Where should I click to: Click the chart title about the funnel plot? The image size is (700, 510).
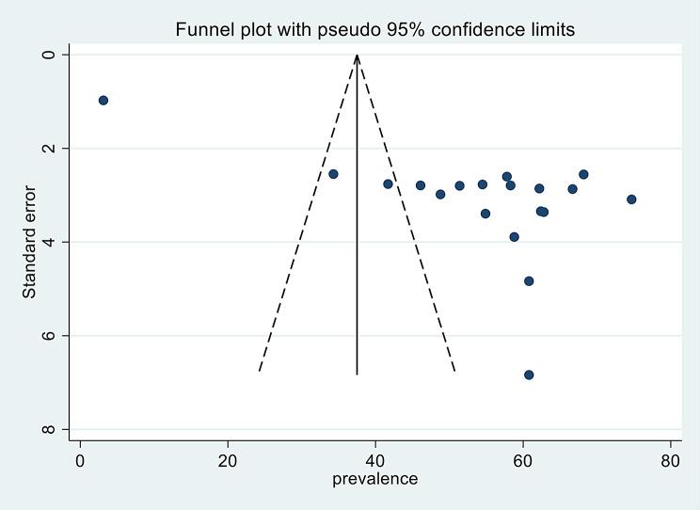pos(374,30)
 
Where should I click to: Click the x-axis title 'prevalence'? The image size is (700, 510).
pos(374,479)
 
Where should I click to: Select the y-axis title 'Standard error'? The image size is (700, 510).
pos(29,242)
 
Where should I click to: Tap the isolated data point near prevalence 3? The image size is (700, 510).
pos(103,101)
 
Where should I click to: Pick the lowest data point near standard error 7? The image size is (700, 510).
pos(529,375)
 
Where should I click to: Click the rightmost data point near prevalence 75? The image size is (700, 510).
pos(631,199)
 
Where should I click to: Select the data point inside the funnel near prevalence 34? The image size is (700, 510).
pos(333,174)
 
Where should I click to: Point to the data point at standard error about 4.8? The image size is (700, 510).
pos(529,280)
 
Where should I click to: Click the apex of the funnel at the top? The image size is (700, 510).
pos(357,56)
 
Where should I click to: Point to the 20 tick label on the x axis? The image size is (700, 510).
pos(228,461)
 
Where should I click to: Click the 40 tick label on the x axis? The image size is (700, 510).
pos(375,461)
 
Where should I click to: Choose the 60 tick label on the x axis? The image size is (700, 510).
pos(523,461)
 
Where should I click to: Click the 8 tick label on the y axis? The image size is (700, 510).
pos(63,429)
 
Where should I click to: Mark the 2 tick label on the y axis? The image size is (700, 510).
pos(63,149)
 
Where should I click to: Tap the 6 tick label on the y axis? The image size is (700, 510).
pos(63,336)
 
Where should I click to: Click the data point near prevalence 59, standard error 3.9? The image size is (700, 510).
pos(514,237)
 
